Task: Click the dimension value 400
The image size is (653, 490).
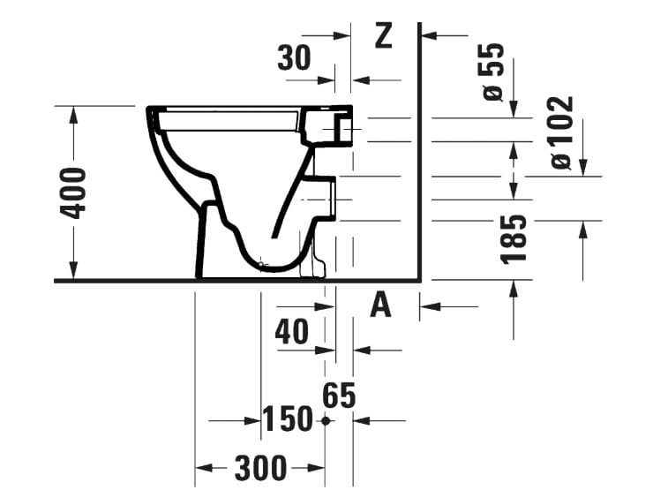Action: point(76,192)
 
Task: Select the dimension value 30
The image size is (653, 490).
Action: point(294,58)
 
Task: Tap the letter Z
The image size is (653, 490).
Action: point(383,35)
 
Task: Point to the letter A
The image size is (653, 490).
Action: point(379,305)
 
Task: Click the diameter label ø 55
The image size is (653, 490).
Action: point(493,72)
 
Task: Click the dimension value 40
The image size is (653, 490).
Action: point(292,332)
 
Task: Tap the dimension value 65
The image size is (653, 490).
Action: point(339,396)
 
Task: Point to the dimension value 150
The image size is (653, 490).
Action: point(288,419)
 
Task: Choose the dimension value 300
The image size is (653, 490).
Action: point(261,467)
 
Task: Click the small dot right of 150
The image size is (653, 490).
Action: point(326,421)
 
